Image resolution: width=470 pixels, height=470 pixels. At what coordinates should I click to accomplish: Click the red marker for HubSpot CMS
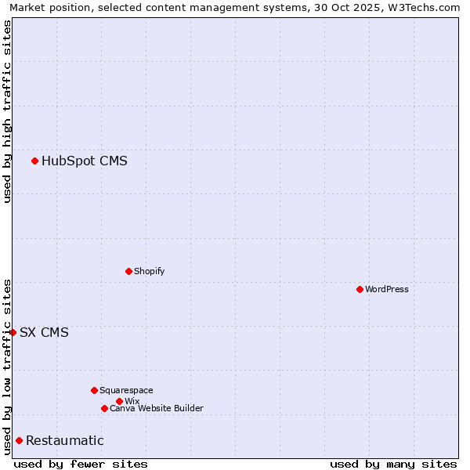(34, 161)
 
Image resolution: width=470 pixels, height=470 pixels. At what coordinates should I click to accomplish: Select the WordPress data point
(360, 289)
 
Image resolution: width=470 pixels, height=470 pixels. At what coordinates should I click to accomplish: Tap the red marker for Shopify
(128, 271)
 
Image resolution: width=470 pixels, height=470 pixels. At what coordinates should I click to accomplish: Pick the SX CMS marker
(13, 332)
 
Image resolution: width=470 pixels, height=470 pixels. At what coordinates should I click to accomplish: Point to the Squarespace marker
(94, 390)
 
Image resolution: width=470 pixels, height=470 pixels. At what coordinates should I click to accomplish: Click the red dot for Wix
(119, 401)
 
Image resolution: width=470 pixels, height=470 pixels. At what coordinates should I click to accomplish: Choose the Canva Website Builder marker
(104, 408)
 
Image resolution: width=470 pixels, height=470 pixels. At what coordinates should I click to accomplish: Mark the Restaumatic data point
(19, 440)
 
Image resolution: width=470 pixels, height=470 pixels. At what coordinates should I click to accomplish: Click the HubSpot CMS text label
(85, 161)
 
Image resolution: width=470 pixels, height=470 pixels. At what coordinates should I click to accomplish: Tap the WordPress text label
(387, 289)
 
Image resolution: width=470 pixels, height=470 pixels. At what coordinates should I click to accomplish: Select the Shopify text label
(150, 271)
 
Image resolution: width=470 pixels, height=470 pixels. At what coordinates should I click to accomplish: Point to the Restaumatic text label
(65, 441)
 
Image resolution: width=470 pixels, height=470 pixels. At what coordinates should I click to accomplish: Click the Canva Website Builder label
(157, 408)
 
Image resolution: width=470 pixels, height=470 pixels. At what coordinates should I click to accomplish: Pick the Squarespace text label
(127, 390)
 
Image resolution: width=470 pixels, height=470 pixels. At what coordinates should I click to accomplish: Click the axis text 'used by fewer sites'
(81, 464)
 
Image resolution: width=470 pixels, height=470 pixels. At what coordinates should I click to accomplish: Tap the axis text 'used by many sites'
(393, 464)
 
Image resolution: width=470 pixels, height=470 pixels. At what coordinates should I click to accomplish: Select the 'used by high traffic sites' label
(7, 111)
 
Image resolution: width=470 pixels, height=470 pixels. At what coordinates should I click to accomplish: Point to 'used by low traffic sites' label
(7, 367)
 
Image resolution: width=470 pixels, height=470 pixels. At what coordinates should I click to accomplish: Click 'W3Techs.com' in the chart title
(428, 8)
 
